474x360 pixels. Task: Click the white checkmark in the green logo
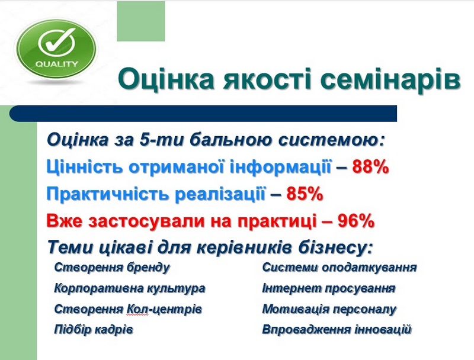pos(57,43)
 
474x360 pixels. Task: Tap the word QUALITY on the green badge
pos(56,64)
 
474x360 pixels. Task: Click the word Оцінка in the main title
pos(166,79)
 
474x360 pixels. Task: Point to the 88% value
pos(370,167)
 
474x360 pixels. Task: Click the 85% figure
pos(305,194)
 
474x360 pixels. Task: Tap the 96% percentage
pos(356,221)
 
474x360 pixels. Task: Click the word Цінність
pos(85,167)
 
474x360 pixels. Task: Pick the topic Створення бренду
pos(112,268)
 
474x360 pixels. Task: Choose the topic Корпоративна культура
pos(130,288)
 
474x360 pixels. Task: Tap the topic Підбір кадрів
pos(94,329)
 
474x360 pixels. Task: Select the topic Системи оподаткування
pos(340,268)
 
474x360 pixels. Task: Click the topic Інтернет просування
pos(329,288)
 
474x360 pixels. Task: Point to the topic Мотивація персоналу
pos(329,309)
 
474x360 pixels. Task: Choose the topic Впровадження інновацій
pos(337,329)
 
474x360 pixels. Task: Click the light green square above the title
pos(141,21)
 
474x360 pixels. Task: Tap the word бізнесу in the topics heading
pos(335,248)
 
